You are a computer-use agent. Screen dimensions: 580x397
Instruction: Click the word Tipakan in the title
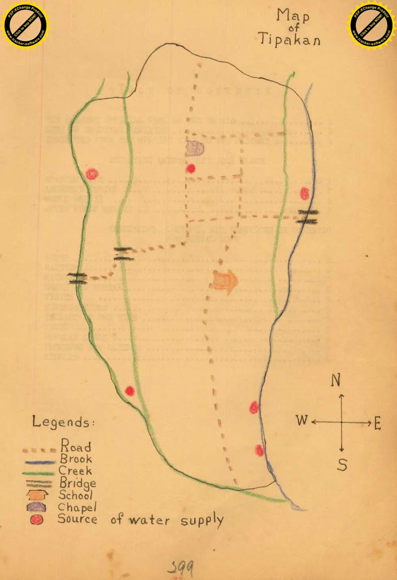pyautogui.click(x=289, y=39)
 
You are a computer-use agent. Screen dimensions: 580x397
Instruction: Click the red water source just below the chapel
pyautogui.click(x=191, y=168)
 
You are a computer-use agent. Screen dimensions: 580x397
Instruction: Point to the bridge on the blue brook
pyautogui.click(x=308, y=217)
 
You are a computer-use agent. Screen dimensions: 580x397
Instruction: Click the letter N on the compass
pyautogui.click(x=336, y=380)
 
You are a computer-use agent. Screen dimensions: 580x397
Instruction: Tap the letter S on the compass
pyautogui.click(x=342, y=464)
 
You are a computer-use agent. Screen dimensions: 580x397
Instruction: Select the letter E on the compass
pyautogui.click(x=377, y=423)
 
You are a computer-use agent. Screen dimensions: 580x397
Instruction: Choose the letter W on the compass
pyautogui.click(x=302, y=420)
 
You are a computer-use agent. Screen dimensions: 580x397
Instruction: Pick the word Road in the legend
pyautogui.click(x=75, y=446)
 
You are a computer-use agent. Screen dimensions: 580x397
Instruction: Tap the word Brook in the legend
pyautogui.click(x=76, y=459)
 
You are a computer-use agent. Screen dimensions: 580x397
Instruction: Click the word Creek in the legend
pyautogui.click(x=75, y=471)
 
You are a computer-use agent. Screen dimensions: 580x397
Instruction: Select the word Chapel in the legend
pyautogui.click(x=77, y=507)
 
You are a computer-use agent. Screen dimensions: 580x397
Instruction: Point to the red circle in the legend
pyautogui.click(x=37, y=520)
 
